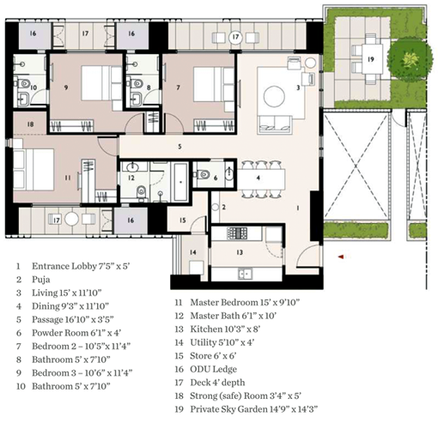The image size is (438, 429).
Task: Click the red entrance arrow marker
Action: point(341,257)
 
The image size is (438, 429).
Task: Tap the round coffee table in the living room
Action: point(274,96)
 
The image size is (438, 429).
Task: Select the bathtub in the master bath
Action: point(180,182)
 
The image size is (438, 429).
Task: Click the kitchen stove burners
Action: point(237,233)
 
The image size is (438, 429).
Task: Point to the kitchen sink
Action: point(245,274)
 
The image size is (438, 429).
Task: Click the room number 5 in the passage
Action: point(179,147)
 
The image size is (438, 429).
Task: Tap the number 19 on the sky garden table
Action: point(371,59)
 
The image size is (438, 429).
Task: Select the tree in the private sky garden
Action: point(410,59)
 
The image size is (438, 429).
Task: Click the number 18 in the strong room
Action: point(31,124)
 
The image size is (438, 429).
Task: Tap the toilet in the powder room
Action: point(203,174)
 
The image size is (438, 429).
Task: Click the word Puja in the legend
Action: point(40,280)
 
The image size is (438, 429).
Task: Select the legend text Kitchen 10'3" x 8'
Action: point(225,329)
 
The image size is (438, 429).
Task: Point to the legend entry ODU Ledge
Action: point(213,369)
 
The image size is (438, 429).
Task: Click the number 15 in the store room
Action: point(183,220)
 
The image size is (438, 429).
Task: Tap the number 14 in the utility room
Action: point(193,252)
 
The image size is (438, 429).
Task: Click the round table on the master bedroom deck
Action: point(71,219)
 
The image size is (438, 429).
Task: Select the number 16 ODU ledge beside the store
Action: point(131,221)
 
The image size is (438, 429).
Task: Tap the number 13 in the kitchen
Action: point(240,252)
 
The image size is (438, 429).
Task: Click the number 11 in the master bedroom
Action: point(68,178)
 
